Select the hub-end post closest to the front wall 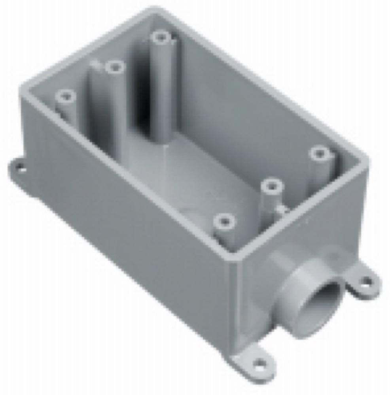pyautogui.click(x=224, y=220)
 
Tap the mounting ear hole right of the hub pyautogui.click(x=366, y=281)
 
